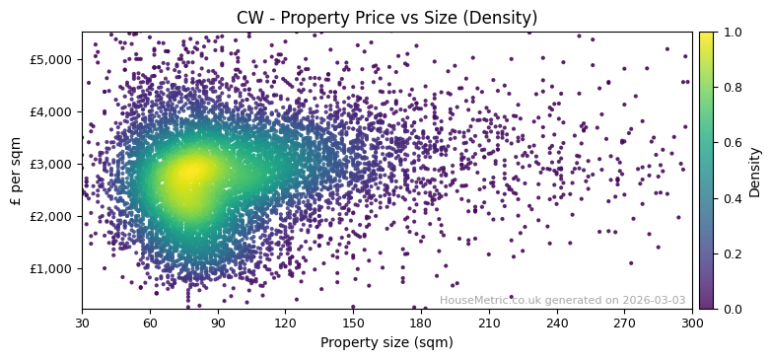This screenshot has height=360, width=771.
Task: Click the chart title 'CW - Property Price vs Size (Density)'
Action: coord(386,18)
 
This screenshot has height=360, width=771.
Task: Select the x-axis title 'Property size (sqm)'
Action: coord(386,342)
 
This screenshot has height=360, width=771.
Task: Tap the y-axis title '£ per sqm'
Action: coord(16,171)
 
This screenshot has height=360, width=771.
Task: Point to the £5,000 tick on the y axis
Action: coord(54,59)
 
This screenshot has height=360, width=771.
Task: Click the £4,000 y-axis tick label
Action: coord(54,111)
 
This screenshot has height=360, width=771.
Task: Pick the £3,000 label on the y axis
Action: coord(54,164)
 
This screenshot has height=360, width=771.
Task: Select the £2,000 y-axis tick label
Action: coord(54,216)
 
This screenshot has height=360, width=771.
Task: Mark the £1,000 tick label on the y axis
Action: coord(54,268)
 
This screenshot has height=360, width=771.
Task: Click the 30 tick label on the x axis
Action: coord(82,323)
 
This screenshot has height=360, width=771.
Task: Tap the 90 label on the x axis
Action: coord(218,323)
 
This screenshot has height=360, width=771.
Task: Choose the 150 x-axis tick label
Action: coord(353,323)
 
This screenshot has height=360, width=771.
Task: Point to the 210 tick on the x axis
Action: coord(489,323)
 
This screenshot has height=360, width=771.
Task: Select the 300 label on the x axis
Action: coord(692,323)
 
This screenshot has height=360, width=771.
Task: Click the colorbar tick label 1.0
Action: coord(731,33)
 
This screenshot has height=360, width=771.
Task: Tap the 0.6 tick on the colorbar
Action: coord(731,143)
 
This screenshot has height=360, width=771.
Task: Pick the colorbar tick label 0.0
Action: coord(731,309)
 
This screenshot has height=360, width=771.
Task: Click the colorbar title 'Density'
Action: coord(755,171)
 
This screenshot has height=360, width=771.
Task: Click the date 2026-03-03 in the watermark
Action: coord(654,301)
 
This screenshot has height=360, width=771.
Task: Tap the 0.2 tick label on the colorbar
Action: coord(731,253)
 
